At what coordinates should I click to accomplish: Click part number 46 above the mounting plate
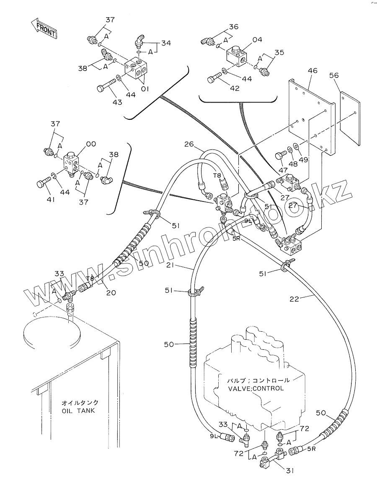(x=312, y=70)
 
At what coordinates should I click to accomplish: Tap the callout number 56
(x=334, y=75)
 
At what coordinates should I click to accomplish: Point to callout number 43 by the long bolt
(x=117, y=102)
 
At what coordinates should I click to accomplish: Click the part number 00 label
(x=91, y=144)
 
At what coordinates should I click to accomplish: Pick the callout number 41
(x=50, y=200)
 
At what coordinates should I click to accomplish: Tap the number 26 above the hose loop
(x=189, y=144)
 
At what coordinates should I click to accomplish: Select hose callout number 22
(x=295, y=299)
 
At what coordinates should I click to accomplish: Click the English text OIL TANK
(x=78, y=411)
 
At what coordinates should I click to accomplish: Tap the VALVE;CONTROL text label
(x=256, y=388)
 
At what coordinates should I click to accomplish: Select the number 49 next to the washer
(x=303, y=160)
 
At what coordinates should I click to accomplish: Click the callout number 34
(x=166, y=43)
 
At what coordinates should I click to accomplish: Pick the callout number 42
(x=235, y=88)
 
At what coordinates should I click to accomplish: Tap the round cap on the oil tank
(x=52, y=334)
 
